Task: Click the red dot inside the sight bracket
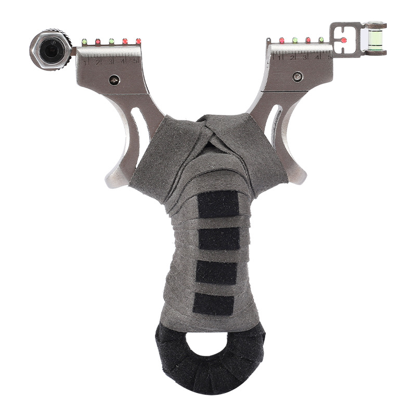pyautogui.click(x=344, y=41)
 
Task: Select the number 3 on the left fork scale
pyautogui.click(x=110, y=62)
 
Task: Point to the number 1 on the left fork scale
pyautogui.click(x=85, y=63)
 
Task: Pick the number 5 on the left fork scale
pyautogui.click(x=135, y=61)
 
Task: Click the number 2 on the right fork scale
pyautogui.click(x=292, y=57)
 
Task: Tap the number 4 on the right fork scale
pyautogui.click(x=317, y=57)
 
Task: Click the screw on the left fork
pyautogui.click(x=114, y=80)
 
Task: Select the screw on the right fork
pyautogui.click(x=297, y=76)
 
